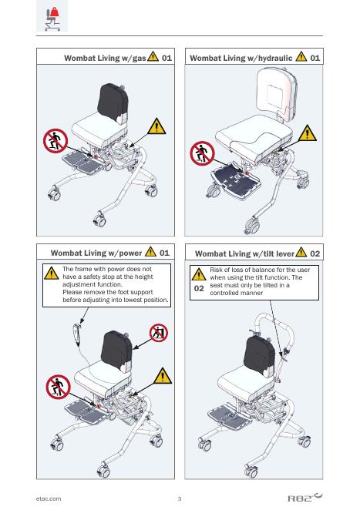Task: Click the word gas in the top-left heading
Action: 139,59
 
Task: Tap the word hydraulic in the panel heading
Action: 275,59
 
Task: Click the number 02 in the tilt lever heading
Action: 315,253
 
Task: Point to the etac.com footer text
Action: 49,498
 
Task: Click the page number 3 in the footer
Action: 180,498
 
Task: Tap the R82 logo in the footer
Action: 305,498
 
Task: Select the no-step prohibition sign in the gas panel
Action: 56,141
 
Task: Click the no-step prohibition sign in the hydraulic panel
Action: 202,153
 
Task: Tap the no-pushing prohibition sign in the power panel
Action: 159,333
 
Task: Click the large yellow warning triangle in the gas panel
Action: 156,126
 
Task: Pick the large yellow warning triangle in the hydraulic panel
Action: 307,133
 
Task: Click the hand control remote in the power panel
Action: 77,334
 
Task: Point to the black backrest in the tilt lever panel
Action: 260,357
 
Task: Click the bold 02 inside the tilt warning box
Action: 199,289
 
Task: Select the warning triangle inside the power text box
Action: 52,273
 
